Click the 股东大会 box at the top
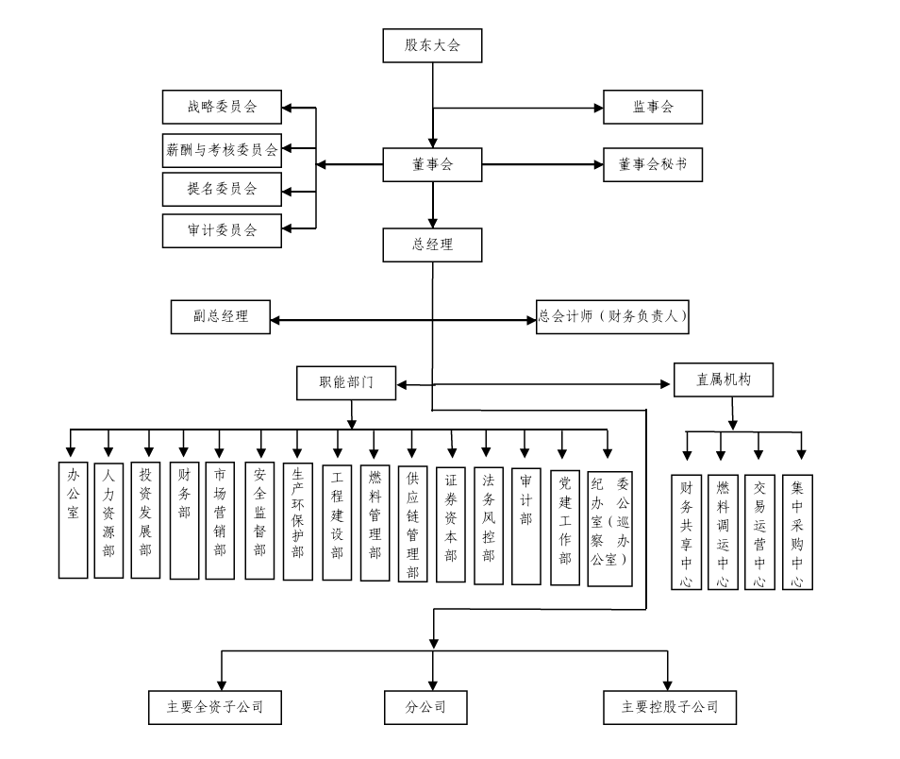[433, 45]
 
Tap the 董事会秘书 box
[653, 164]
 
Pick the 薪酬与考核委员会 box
[222, 149]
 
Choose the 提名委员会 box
[222, 189]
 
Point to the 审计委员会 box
[222, 229]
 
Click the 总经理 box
[433, 245]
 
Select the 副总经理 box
[221, 317]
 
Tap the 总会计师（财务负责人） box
[611, 317]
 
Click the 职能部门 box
[346, 382]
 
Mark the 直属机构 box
[723, 379]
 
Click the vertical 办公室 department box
[73, 519]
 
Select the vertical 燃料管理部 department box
[375, 522]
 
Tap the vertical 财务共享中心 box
[686, 531]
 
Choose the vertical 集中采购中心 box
[797, 531]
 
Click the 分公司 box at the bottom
[425, 707]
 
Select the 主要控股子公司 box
[669, 707]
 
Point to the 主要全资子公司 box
[215, 707]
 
